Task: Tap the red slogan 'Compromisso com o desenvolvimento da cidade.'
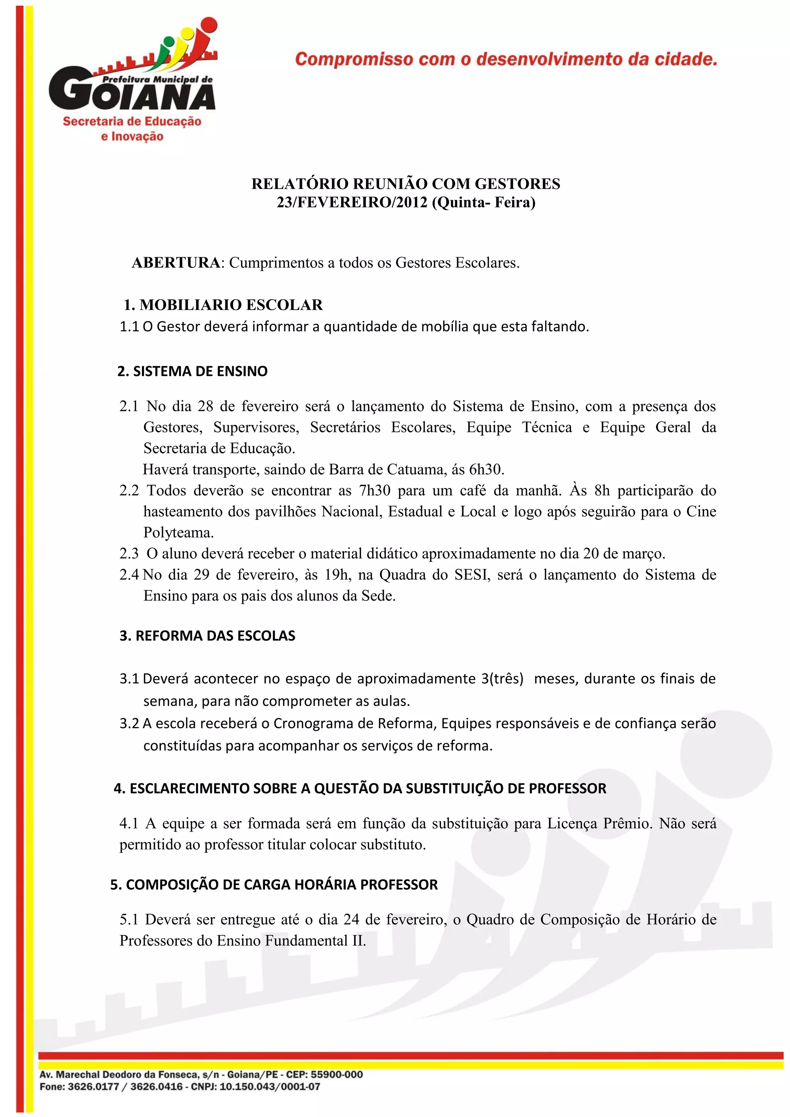[x=506, y=59]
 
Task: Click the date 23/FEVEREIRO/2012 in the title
[x=352, y=202]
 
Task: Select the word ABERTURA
[x=176, y=263]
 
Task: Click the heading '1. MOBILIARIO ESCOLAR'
[x=223, y=305]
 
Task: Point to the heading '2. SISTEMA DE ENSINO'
[x=192, y=371]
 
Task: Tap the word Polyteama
[x=179, y=533]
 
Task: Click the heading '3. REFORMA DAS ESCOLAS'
[x=208, y=636]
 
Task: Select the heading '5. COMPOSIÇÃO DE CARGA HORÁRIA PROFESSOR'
[x=274, y=884]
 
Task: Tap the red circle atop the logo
[x=208, y=26]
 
